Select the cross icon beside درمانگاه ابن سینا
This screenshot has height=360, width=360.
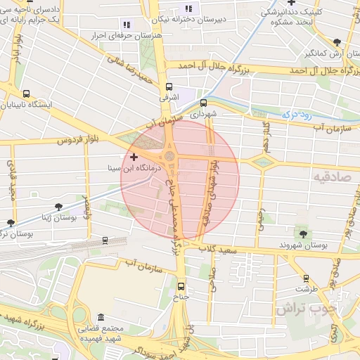tap(134, 156)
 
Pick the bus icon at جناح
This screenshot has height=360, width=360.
tap(181, 286)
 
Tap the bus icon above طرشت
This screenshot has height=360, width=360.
tap(305, 277)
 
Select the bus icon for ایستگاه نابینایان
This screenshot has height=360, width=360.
tap(27, 94)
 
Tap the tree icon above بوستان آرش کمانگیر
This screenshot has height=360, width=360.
tap(339, 42)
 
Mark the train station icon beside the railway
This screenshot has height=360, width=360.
tap(105, 240)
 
